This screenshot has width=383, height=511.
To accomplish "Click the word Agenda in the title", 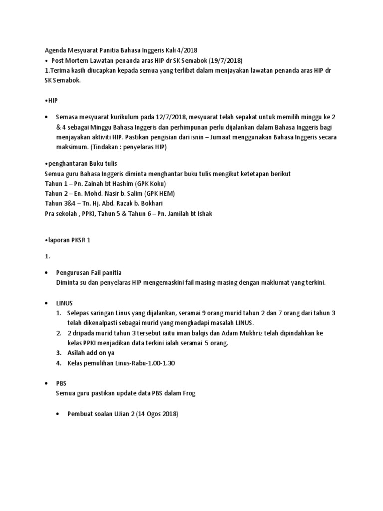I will [55, 50].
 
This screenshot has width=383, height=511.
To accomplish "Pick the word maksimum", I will [72, 147].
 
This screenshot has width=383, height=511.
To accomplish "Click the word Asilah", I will [78, 353].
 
